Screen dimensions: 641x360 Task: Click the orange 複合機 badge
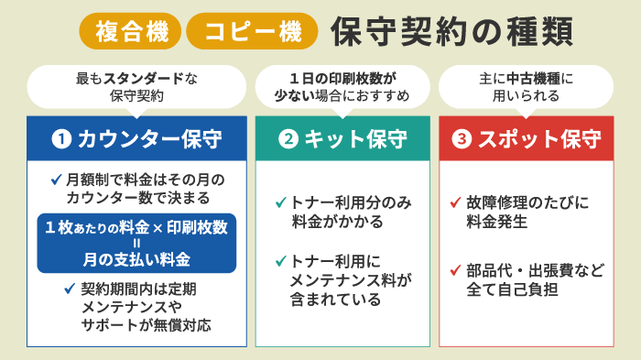(130, 31)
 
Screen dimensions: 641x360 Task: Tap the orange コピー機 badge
(252, 31)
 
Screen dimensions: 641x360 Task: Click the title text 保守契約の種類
(451, 31)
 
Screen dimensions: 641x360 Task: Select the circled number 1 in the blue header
(61, 138)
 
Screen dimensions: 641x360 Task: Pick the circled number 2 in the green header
(288, 138)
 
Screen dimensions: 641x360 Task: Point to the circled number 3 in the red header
(462, 138)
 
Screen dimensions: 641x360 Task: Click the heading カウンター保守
(149, 139)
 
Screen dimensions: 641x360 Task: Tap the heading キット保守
(355, 139)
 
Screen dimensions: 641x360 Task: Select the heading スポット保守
(539, 139)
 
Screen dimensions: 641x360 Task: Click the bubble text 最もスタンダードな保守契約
(136, 87)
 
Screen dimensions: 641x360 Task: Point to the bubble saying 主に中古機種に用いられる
(527, 87)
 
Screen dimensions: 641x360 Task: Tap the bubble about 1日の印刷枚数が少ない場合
(342, 87)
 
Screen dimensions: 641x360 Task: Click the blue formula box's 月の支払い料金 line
(136, 259)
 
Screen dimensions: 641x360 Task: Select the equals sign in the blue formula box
(136, 244)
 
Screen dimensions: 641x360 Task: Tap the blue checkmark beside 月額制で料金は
(57, 180)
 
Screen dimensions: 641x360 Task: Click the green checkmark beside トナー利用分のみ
(281, 202)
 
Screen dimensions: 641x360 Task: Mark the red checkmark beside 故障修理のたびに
(455, 202)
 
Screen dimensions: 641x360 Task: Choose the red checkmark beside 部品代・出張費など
(455, 270)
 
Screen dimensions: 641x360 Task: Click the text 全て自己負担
(512, 289)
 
